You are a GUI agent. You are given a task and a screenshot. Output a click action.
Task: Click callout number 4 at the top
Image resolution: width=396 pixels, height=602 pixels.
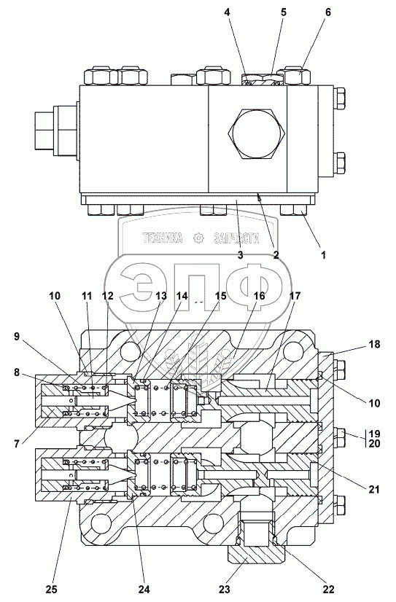[228, 12]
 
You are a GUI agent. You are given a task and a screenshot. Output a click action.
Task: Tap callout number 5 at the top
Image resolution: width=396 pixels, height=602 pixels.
[283, 12]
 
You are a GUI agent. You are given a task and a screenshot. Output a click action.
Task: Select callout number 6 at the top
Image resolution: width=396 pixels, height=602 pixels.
[327, 12]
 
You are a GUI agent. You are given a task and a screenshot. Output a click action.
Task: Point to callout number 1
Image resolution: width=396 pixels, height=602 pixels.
[323, 254]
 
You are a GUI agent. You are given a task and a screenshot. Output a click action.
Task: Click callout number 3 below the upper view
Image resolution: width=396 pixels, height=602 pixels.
[240, 255]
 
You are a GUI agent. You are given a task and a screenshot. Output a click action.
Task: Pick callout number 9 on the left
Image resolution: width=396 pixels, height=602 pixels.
[16, 337]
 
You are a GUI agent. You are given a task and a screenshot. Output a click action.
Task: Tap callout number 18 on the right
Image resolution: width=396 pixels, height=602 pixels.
[375, 345]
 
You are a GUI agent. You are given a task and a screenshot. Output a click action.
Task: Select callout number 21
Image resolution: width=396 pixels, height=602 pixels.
[373, 489]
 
